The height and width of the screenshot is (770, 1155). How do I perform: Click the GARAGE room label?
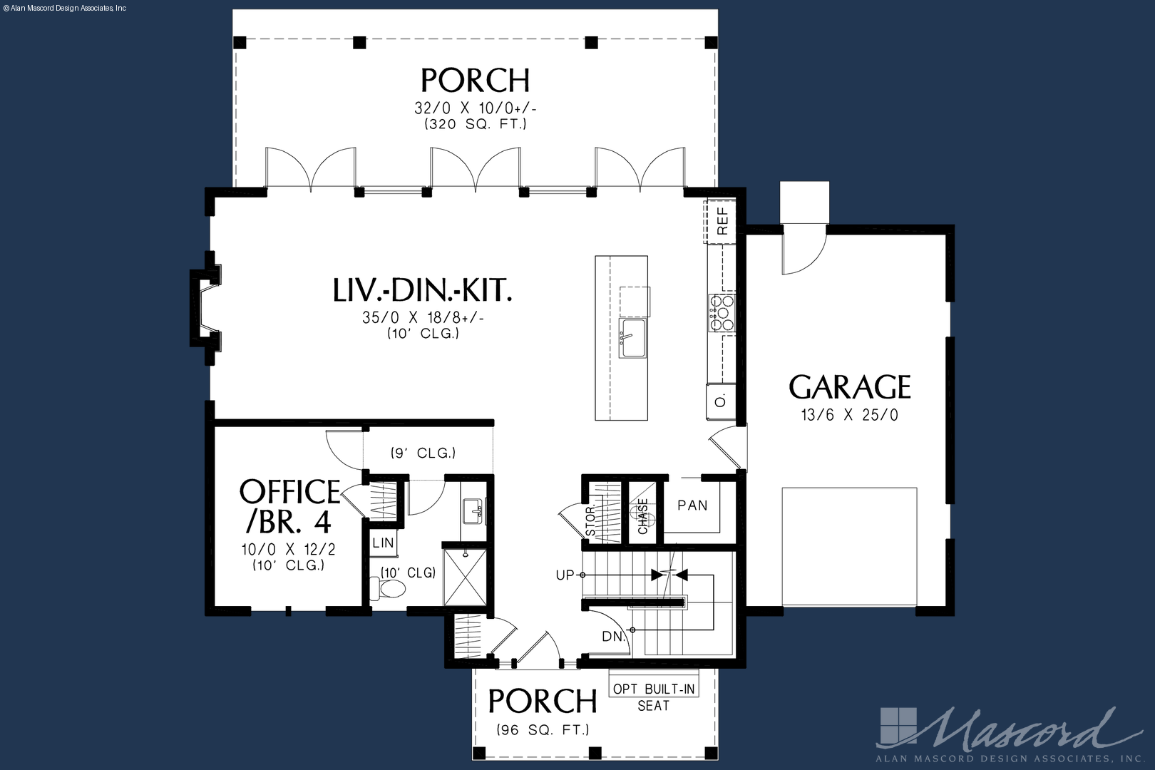pyautogui.click(x=850, y=387)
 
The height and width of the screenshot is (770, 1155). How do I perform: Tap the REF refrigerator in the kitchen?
pyautogui.click(x=720, y=221)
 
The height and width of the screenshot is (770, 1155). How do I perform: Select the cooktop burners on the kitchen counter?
pyautogui.click(x=722, y=313)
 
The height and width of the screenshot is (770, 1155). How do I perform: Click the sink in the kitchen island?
pyautogui.click(x=632, y=339)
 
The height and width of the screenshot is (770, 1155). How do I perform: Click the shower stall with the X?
pyautogui.click(x=465, y=577)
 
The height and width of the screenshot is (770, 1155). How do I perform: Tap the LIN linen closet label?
pyautogui.click(x=383, y=543)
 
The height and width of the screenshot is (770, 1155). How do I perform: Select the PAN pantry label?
pyautogui.click(x=692, y=505)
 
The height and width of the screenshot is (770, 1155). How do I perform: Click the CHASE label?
pyautogui.click(x=643, y=516)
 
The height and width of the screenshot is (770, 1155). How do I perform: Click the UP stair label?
pyautogui.click(x=565, y=575)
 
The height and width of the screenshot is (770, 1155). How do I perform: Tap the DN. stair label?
pyautogui.click(x=614, y=637)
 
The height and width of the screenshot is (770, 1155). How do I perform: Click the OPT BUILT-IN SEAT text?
pyautogui.click(x=654, y=697)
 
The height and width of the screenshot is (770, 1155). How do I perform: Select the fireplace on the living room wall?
pyautogui.click(x=205, y=308)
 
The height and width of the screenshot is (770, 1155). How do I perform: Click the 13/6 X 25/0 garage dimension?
pyautogui.click(x=850, y=415)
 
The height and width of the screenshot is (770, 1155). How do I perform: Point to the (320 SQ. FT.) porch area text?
pyautogui.click(x=476, y=124)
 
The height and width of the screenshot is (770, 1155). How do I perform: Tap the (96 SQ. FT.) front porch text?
pyautogui.click(x=543, y=730)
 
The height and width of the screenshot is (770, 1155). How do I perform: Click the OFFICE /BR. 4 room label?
pyautogui.click(x=289, y=505)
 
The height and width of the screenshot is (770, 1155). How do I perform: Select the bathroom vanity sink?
pyautogui.click(x=473, y=511)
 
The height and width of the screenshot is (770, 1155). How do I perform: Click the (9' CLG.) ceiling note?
pyautogui.click(x=423, y=453)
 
